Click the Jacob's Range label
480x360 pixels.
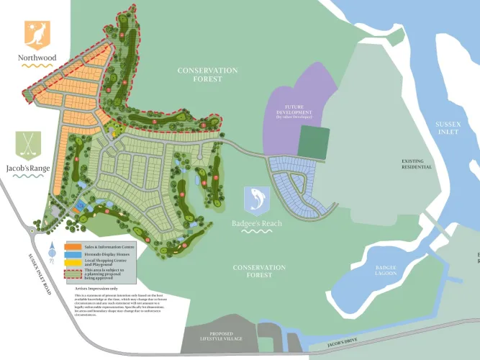[x=28, y=168]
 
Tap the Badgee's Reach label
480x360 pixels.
[x=257, y=223]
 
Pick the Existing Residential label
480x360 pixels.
[x=417, y=163]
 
